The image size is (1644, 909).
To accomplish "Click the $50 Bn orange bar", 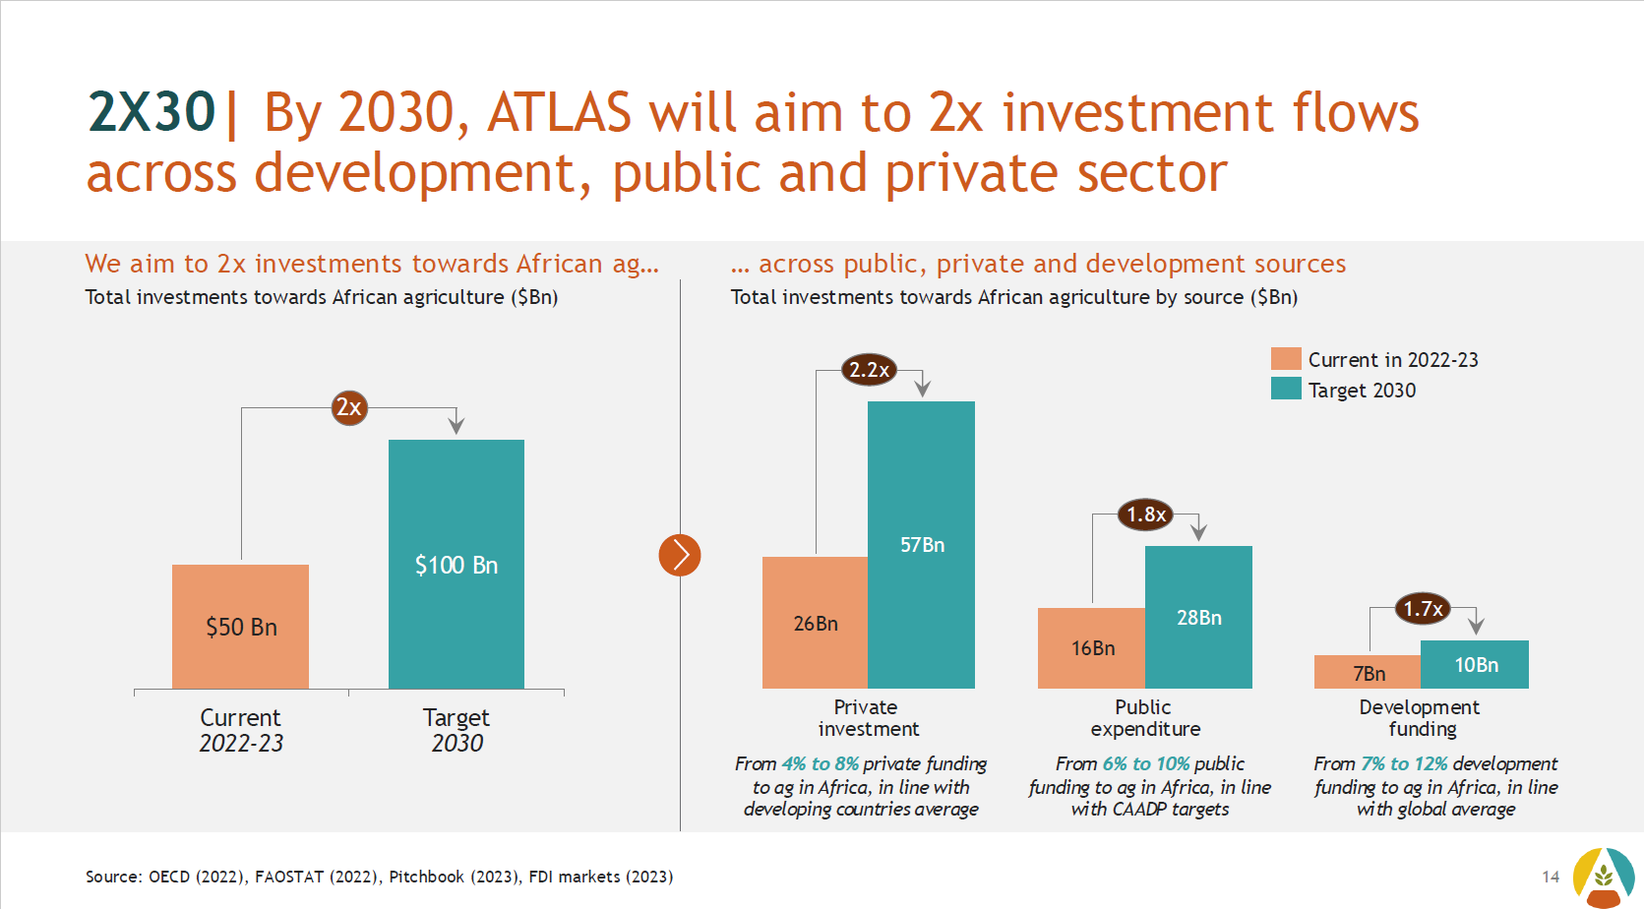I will [x=240, y=626].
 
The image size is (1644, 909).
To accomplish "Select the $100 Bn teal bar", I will [x=456, y=564].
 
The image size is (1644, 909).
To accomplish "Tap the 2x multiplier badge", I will [x=349, y=407].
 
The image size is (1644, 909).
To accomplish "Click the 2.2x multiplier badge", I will [x=869, y=370].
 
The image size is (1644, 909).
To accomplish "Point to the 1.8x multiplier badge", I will [x=1145, y=515].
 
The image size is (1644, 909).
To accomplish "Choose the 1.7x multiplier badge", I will [x=1422, y=609].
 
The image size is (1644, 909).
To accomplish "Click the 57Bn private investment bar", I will [x=921, y=544].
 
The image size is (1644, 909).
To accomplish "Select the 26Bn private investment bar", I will [x=815, y=623].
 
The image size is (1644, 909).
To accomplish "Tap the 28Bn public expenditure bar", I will [x=1198, y=617].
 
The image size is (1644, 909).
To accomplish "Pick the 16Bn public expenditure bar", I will [x=1092, y=647].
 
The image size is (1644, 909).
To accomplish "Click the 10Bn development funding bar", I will [x=1475, y=664].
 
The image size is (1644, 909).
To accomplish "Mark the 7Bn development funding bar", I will [x=1368, y=673].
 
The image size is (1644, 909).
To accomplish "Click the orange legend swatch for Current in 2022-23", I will [x=1286, y=358].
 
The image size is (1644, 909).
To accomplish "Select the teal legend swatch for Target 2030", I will [x=1286, y=389].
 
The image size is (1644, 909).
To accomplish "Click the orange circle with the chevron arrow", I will [x=680, y=555].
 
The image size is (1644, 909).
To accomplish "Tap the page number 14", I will [x=1551, y=877].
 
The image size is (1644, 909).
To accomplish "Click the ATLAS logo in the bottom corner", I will [x=1603, y=876].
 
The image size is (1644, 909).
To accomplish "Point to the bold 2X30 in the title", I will [x=152, y=111].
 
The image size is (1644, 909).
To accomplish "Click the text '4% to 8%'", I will [x=820, y=763].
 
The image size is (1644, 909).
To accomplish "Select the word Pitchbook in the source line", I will [x=426, y=877].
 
